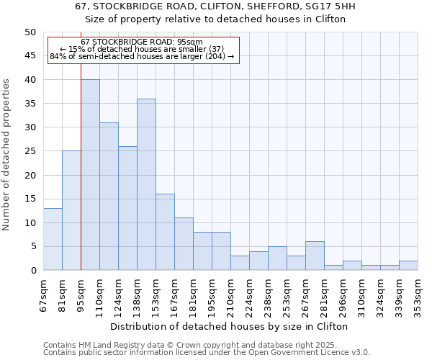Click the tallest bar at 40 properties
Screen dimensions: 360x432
tap(90, 175)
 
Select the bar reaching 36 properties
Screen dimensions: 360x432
tap(146, 184)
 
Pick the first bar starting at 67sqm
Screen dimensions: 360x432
tap(53, 239)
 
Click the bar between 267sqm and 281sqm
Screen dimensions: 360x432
tap(315, 256)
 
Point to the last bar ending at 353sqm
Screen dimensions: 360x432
tap(408, 266)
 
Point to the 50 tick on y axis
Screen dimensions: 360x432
tap(30, 32)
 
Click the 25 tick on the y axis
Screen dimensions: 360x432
tap(30, 151)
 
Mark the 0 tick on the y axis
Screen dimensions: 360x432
tap(32, 271)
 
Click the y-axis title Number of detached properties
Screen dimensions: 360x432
tap(6, 154)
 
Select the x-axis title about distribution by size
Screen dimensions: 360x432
tap(230, 326)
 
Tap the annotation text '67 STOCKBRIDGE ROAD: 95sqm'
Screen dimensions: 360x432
tap(142, 42)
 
